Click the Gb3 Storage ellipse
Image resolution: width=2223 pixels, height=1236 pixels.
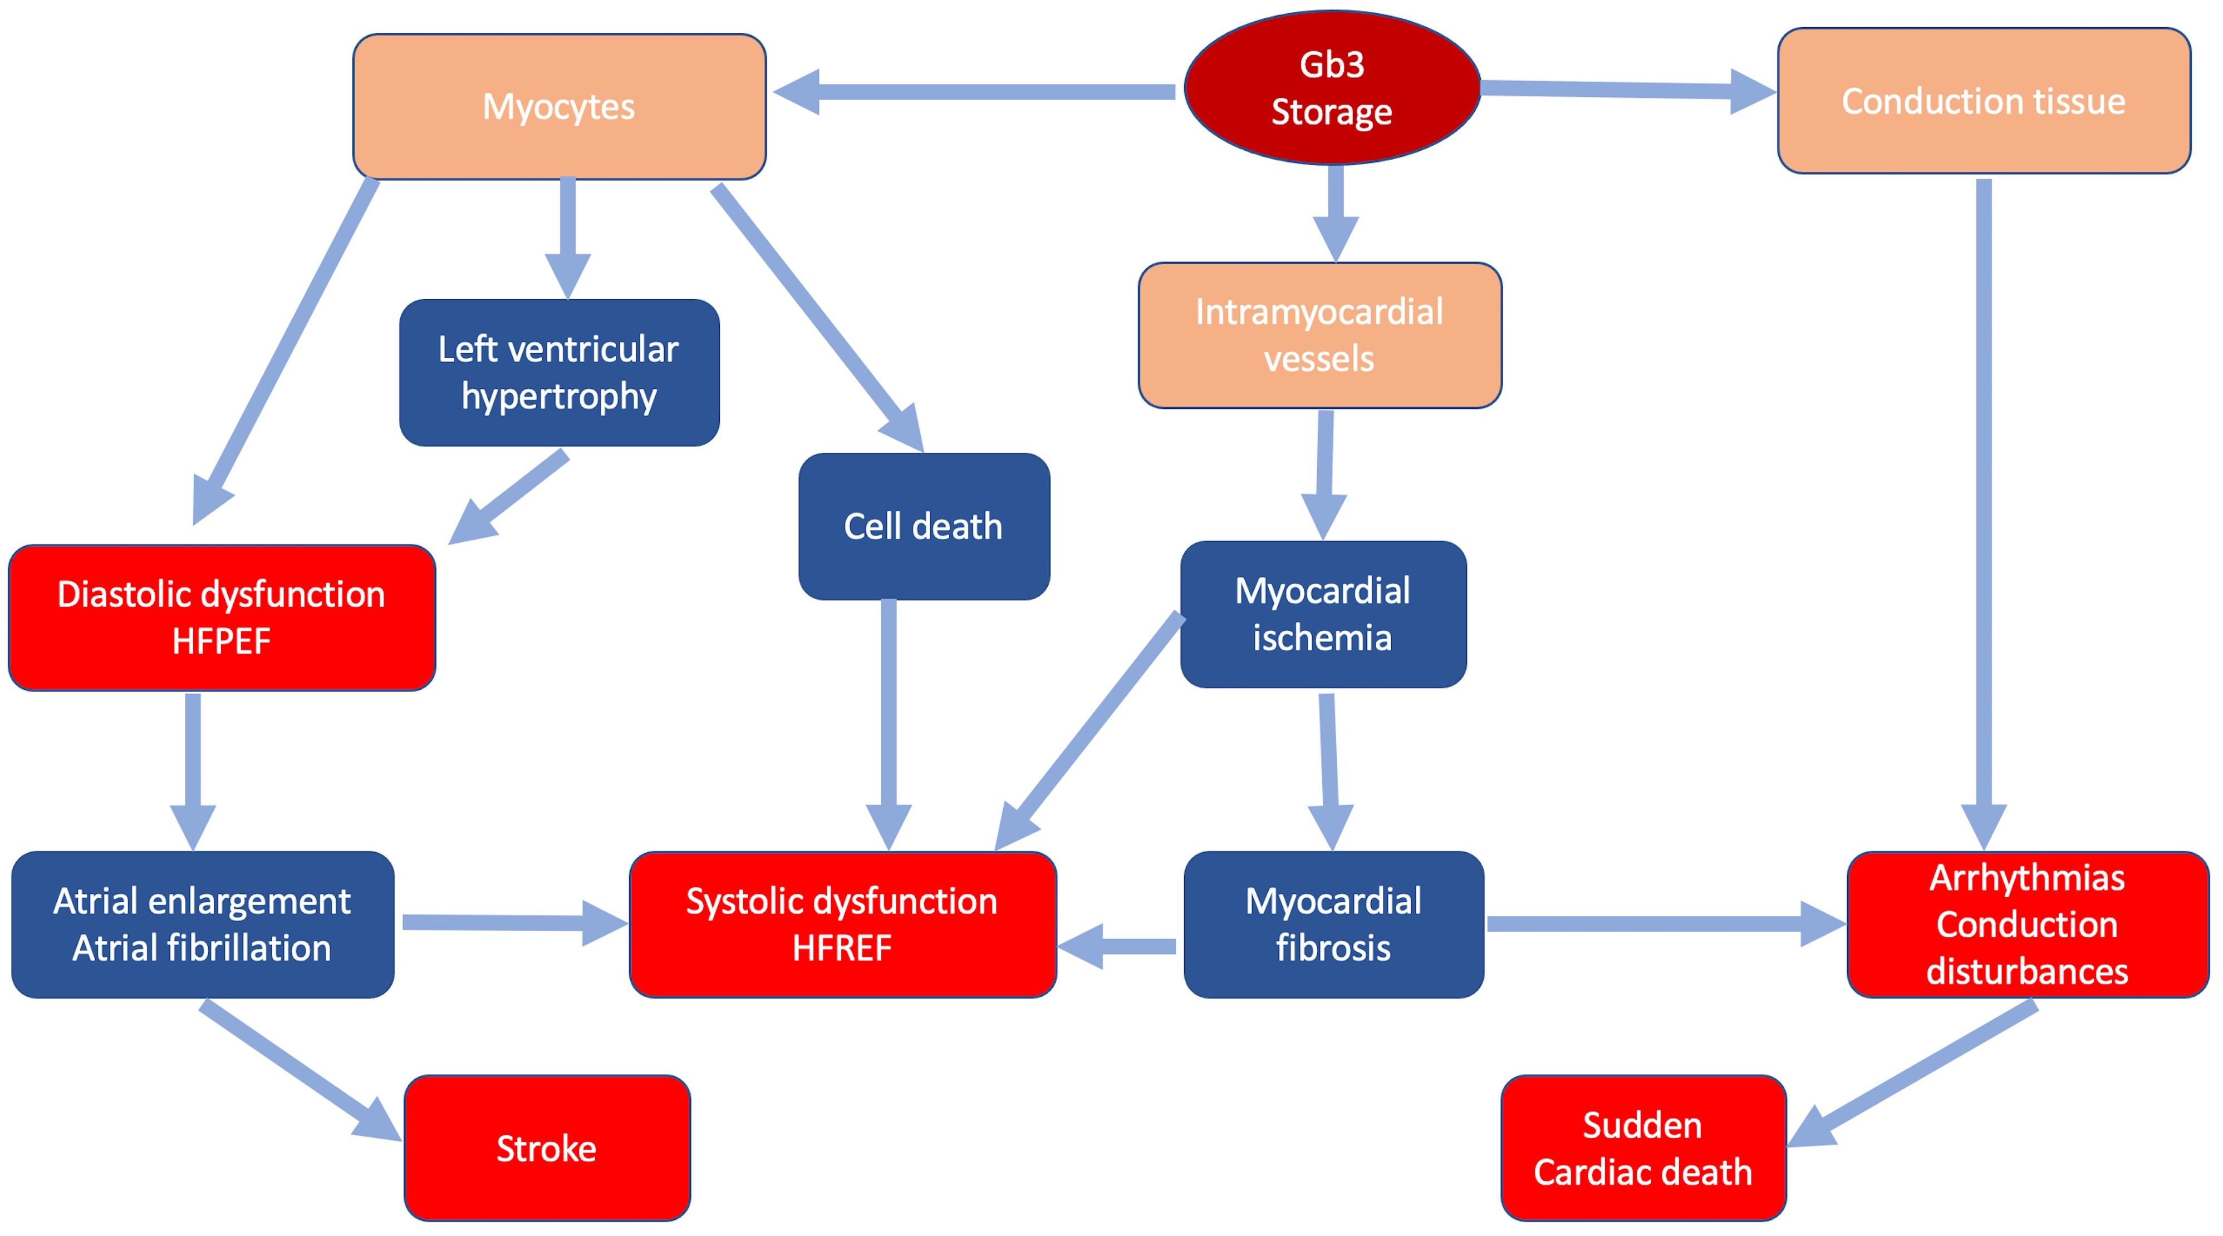(x=1332, y=88)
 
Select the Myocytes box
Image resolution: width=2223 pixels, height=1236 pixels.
(x=559, y=107)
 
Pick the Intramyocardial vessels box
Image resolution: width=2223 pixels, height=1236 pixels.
(x=1319, y=335)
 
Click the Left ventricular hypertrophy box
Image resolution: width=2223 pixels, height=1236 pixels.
(x=559, y=373)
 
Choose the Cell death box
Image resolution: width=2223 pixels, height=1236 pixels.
(x=924, y=526)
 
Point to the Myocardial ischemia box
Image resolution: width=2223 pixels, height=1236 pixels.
(x=1323, y=614)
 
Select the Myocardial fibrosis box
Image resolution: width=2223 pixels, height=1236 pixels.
(x=1333, y=924)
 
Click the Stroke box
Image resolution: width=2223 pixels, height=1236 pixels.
(x=546, y=1148)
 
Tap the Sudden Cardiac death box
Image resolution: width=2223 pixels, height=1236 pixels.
(x=1643, y=1148)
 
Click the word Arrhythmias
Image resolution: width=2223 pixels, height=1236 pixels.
(x=2027, y=878)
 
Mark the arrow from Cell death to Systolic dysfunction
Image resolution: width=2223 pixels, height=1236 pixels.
(x=889, y=716)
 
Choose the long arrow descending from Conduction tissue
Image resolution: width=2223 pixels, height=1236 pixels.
(x=1983, y=500)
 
